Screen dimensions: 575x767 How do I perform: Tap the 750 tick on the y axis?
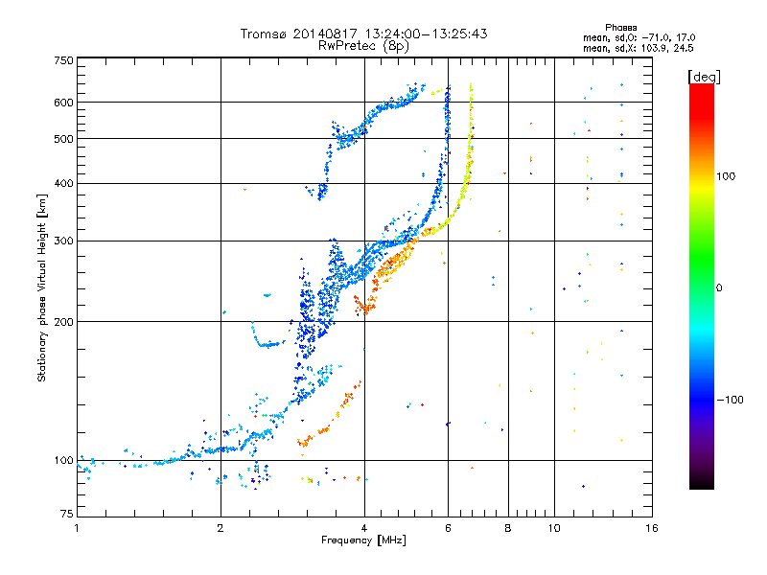(63, 60)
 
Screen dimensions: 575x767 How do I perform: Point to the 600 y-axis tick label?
(63, 103)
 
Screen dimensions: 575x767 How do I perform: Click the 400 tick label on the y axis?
(63, 184)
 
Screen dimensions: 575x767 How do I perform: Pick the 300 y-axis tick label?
(63, 241)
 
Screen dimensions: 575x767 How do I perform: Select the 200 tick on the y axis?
(63, 322)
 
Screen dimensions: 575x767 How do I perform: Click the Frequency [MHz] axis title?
(363, 541)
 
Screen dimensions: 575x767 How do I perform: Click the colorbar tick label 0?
(719, 287)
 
